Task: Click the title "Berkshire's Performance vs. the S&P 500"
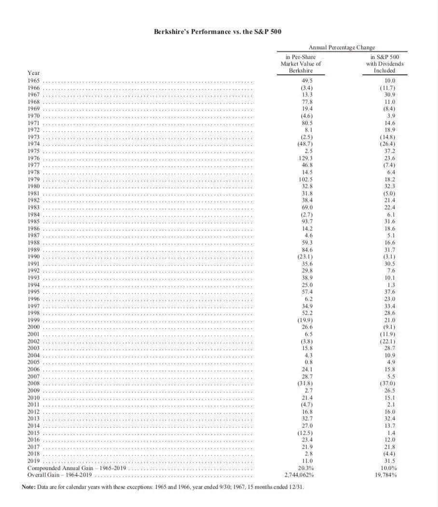coord(218,32)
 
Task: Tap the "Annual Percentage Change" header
coord(342,47)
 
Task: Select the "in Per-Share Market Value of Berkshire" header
coord(301,64)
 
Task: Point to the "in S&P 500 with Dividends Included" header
coord(384,64)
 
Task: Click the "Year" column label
coord(34,73)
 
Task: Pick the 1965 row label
coord(34,81)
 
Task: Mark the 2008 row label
coord(34,383)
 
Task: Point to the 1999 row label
coord(34,320)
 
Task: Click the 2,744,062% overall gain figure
coord(300,475)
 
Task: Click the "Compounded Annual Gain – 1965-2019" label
coord(76,468)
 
